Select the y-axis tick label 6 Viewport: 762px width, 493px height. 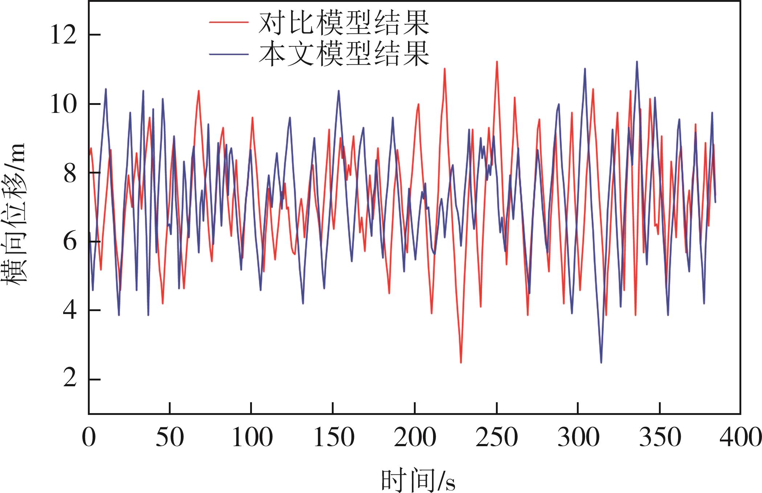(70, 242)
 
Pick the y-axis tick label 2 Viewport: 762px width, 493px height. (70, 379)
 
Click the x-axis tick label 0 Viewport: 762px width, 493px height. (89, 437)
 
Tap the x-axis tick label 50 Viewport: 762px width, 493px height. (170, 437)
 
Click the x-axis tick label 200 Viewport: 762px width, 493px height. (415, 437)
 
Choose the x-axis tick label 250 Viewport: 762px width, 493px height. (497, 437)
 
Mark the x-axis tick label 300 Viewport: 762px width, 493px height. (578, 437)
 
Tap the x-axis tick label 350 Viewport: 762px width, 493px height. (660, 437)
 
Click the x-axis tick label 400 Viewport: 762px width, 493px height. (741, 437)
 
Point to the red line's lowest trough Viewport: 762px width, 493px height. (461, 362)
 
